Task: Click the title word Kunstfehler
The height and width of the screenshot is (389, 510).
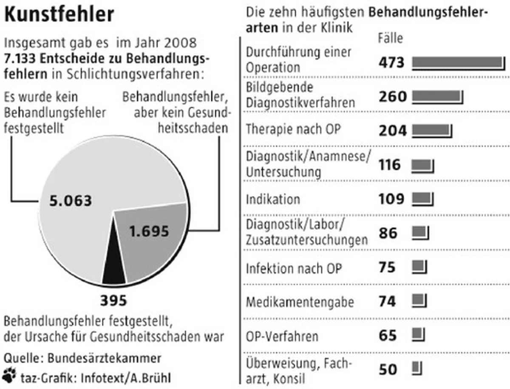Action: click(x=59, y=14)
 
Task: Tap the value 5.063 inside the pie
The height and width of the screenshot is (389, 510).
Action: click(x=71, y=201)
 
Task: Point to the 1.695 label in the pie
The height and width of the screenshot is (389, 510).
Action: click(x=149, y=231)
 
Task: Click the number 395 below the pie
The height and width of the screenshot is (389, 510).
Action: click(x=113, y=300)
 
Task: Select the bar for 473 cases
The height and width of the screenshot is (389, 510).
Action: click(x=459, y=63)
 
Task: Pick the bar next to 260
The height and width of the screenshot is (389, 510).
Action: click(x=437, y=97)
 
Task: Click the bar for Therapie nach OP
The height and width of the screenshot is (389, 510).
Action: click(x=432, y=131)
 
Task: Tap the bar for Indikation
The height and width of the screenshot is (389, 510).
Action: click(x=422, y=199)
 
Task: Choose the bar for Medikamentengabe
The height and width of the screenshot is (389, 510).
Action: click(x=419, y=301)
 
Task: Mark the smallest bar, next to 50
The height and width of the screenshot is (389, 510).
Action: click(x=417, y=368)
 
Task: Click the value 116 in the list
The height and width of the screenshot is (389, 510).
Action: click(x=390, y=165)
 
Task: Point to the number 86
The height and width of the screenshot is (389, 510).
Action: click(x=388, y=233)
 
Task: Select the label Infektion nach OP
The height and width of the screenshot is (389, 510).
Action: click(x=294, y=268)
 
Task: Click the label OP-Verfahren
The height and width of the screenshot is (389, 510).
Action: click(x=282, y=336)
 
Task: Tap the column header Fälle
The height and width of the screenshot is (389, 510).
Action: click(x=390, y=38)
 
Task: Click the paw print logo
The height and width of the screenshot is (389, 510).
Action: click(x=9, y=375)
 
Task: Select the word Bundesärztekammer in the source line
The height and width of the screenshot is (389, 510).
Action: click(x=104, y=358)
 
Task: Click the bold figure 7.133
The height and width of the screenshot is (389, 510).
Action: click(x=20, y=59)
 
